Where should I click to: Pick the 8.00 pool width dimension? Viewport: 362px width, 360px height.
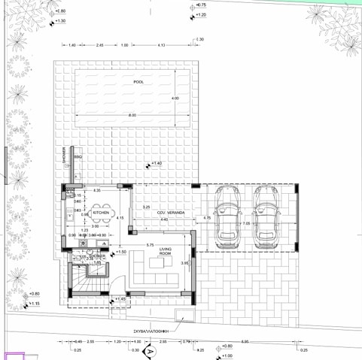(x=132, y=115)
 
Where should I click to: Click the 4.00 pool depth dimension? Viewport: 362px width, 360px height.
(x=175, y=98)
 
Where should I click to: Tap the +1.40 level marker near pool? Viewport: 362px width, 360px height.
(x=156, y=163)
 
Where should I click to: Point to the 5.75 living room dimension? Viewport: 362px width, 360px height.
(x=151, y=245)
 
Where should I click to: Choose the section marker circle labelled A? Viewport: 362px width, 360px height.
(x=150, y=351)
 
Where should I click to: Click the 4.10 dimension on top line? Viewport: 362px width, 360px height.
(x=162, y=46)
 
